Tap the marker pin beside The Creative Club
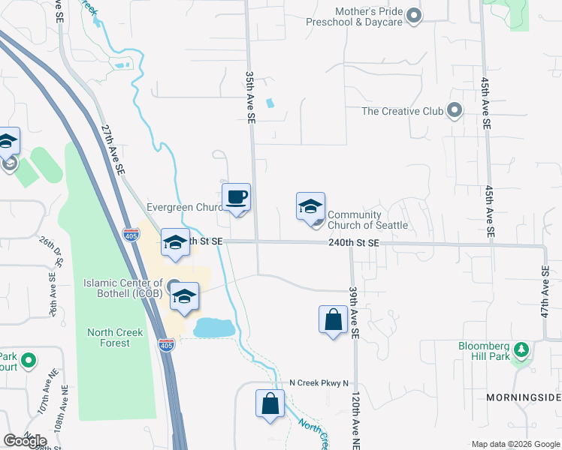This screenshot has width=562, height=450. click(x=454, y=111)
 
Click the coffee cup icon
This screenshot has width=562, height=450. click(x=237, y=196)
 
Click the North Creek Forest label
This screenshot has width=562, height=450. click(x=109, y=338)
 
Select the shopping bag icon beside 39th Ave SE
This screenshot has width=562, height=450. click(x=332, y=320)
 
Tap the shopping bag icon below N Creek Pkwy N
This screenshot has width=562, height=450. click(x=270, y=403)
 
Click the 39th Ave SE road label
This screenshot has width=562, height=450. click(x=352, y=310)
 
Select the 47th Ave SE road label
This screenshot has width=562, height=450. click(x=545, y=292)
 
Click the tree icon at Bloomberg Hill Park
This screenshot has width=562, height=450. click(x=521, y=349)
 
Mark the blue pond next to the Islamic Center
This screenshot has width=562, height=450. click(x=213, y=328)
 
